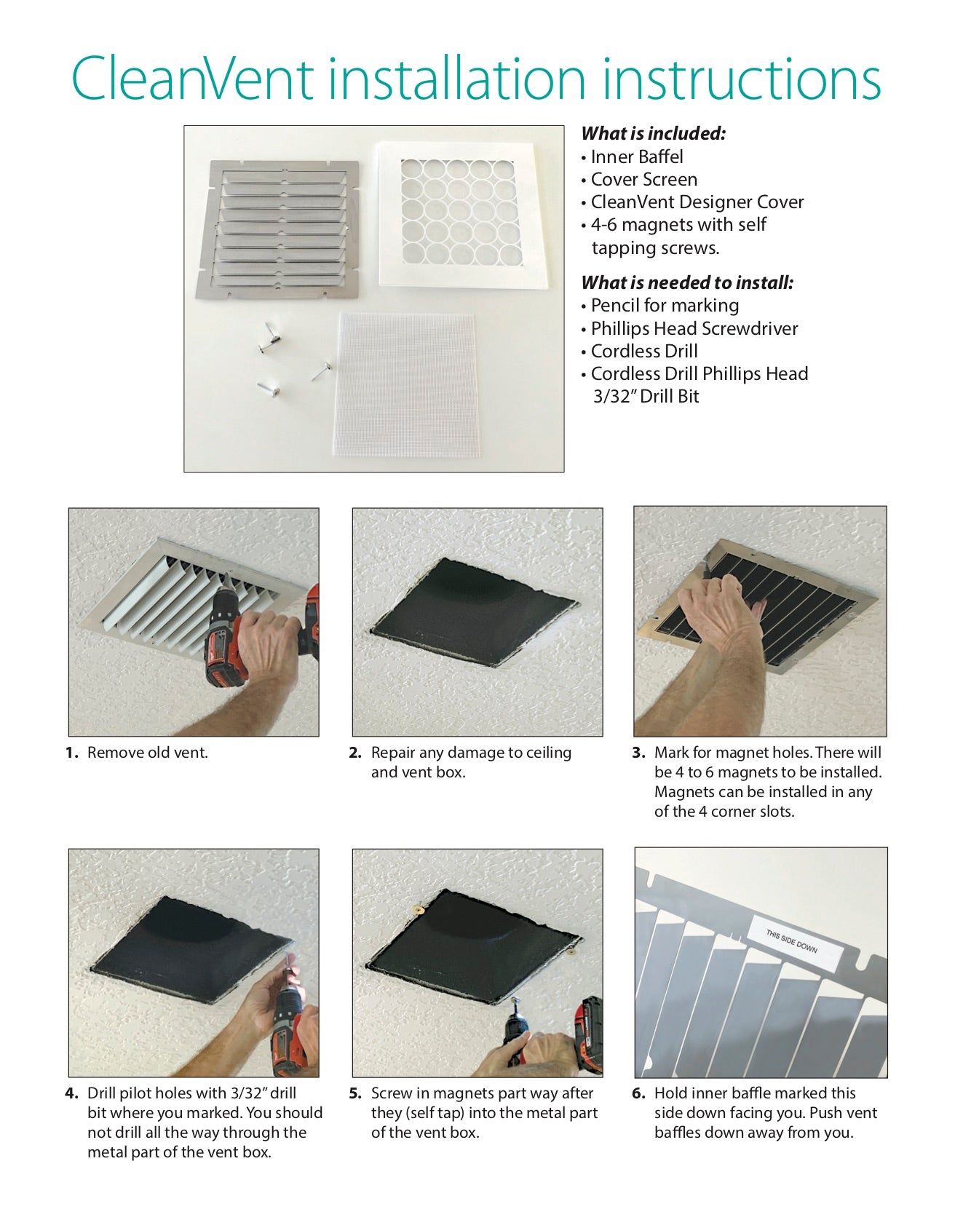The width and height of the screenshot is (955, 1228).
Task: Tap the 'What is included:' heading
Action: click(x=653, y=133)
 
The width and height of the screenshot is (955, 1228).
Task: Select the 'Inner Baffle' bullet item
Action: click(x=636, y=157)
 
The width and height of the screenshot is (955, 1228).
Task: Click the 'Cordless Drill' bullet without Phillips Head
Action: click(x=643, y=351)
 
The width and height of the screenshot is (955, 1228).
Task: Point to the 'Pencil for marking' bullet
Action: click(x=664, y=305)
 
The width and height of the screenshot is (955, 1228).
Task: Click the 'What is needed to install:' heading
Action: click(x=686, y=282)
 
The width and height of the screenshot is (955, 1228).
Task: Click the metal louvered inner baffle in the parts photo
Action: click(x=280, y=229)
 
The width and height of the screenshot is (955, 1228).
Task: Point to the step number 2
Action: click(x=355, y=753)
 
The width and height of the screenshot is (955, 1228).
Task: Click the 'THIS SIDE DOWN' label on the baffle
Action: click(x=791, y=941)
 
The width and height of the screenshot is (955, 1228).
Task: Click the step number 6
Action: click(x=638, y=1093)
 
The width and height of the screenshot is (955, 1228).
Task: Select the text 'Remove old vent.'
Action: click(x=147, y=753)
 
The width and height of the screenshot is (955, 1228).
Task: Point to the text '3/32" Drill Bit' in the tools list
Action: click(x=646, y=397)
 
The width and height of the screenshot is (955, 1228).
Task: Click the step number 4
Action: click(x=71, y=1093)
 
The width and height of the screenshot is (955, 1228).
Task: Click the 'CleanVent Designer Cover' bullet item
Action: click(x=697, y=202)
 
